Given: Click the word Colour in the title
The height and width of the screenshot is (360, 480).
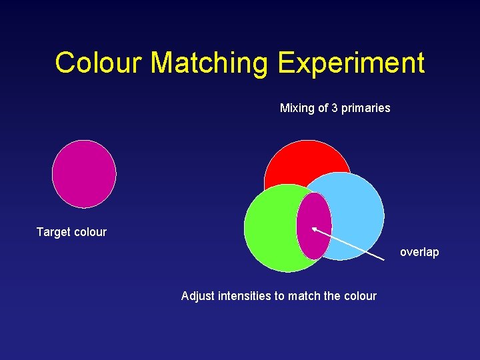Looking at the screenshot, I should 99,63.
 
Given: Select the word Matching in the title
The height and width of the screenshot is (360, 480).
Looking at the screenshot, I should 209,63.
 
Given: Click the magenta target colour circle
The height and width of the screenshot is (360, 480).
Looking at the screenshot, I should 84,174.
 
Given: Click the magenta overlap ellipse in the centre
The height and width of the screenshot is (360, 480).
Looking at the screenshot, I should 313,225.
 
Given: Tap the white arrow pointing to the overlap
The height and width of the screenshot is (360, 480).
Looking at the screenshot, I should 350,243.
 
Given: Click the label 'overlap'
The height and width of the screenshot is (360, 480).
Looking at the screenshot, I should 419,252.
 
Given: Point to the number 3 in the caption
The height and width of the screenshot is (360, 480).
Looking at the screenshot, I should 335,108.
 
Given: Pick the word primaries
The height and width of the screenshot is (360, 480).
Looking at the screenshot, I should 366,108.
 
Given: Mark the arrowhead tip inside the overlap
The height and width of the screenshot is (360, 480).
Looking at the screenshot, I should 313,229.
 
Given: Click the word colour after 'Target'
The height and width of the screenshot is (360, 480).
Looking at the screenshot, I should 90,232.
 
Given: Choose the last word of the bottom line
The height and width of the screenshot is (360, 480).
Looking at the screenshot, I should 361,296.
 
